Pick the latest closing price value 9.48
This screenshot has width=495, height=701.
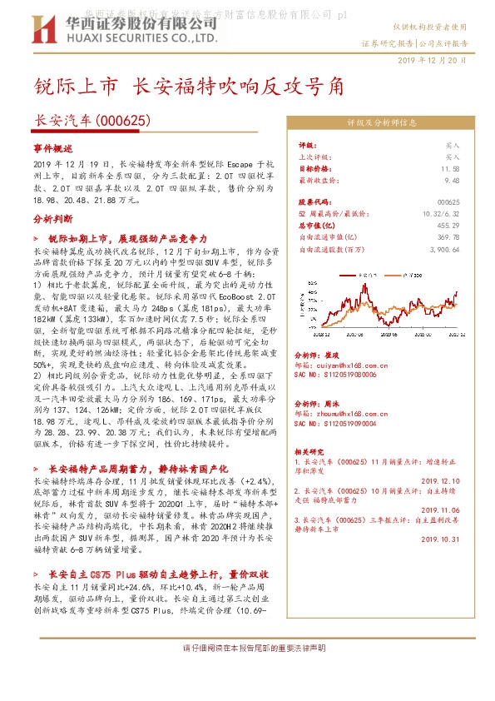pos(452,179)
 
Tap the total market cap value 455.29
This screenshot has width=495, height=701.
pos(450,225)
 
